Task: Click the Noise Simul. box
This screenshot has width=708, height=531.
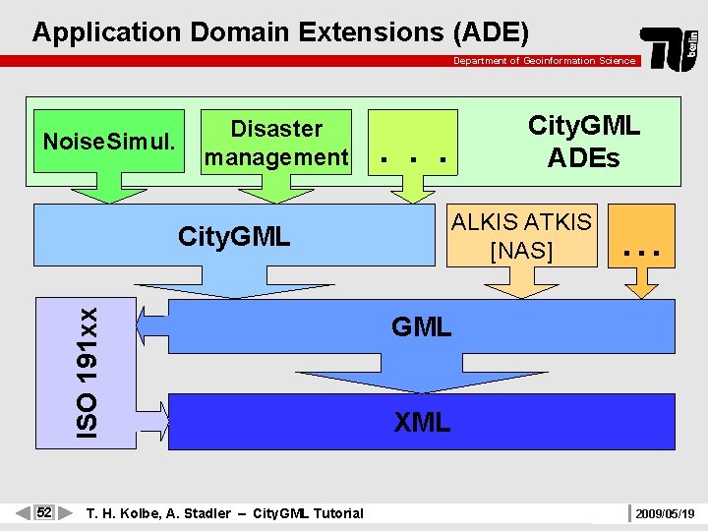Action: tap(109, 143)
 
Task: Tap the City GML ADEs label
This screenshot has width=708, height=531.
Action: tap(583, 141)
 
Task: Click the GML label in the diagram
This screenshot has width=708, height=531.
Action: tap(421, 326)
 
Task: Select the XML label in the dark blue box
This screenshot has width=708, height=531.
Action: tap(422, 423)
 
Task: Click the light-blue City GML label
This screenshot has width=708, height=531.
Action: tap(234, 236)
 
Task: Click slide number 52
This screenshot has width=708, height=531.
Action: tap(44, 512)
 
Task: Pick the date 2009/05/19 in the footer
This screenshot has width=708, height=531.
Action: tap(665, 513)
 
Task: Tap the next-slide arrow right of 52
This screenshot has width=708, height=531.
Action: tap(65, 512)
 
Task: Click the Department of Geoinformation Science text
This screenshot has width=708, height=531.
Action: tap(544, 61)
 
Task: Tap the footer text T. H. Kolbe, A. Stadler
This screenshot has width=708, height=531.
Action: tap(158, 513)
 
